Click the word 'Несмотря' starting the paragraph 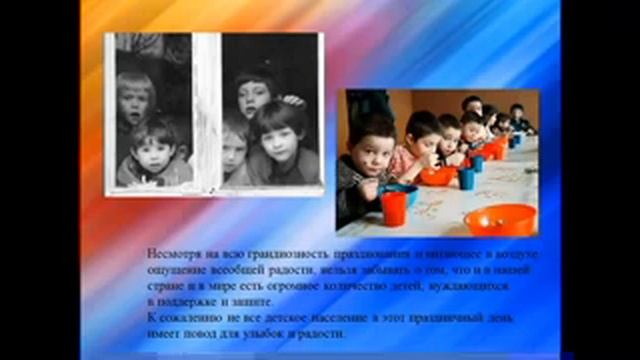coord(171,253)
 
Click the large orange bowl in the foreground coord(500,218)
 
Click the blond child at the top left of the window coord(134,95)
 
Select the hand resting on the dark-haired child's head coord(291,99)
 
